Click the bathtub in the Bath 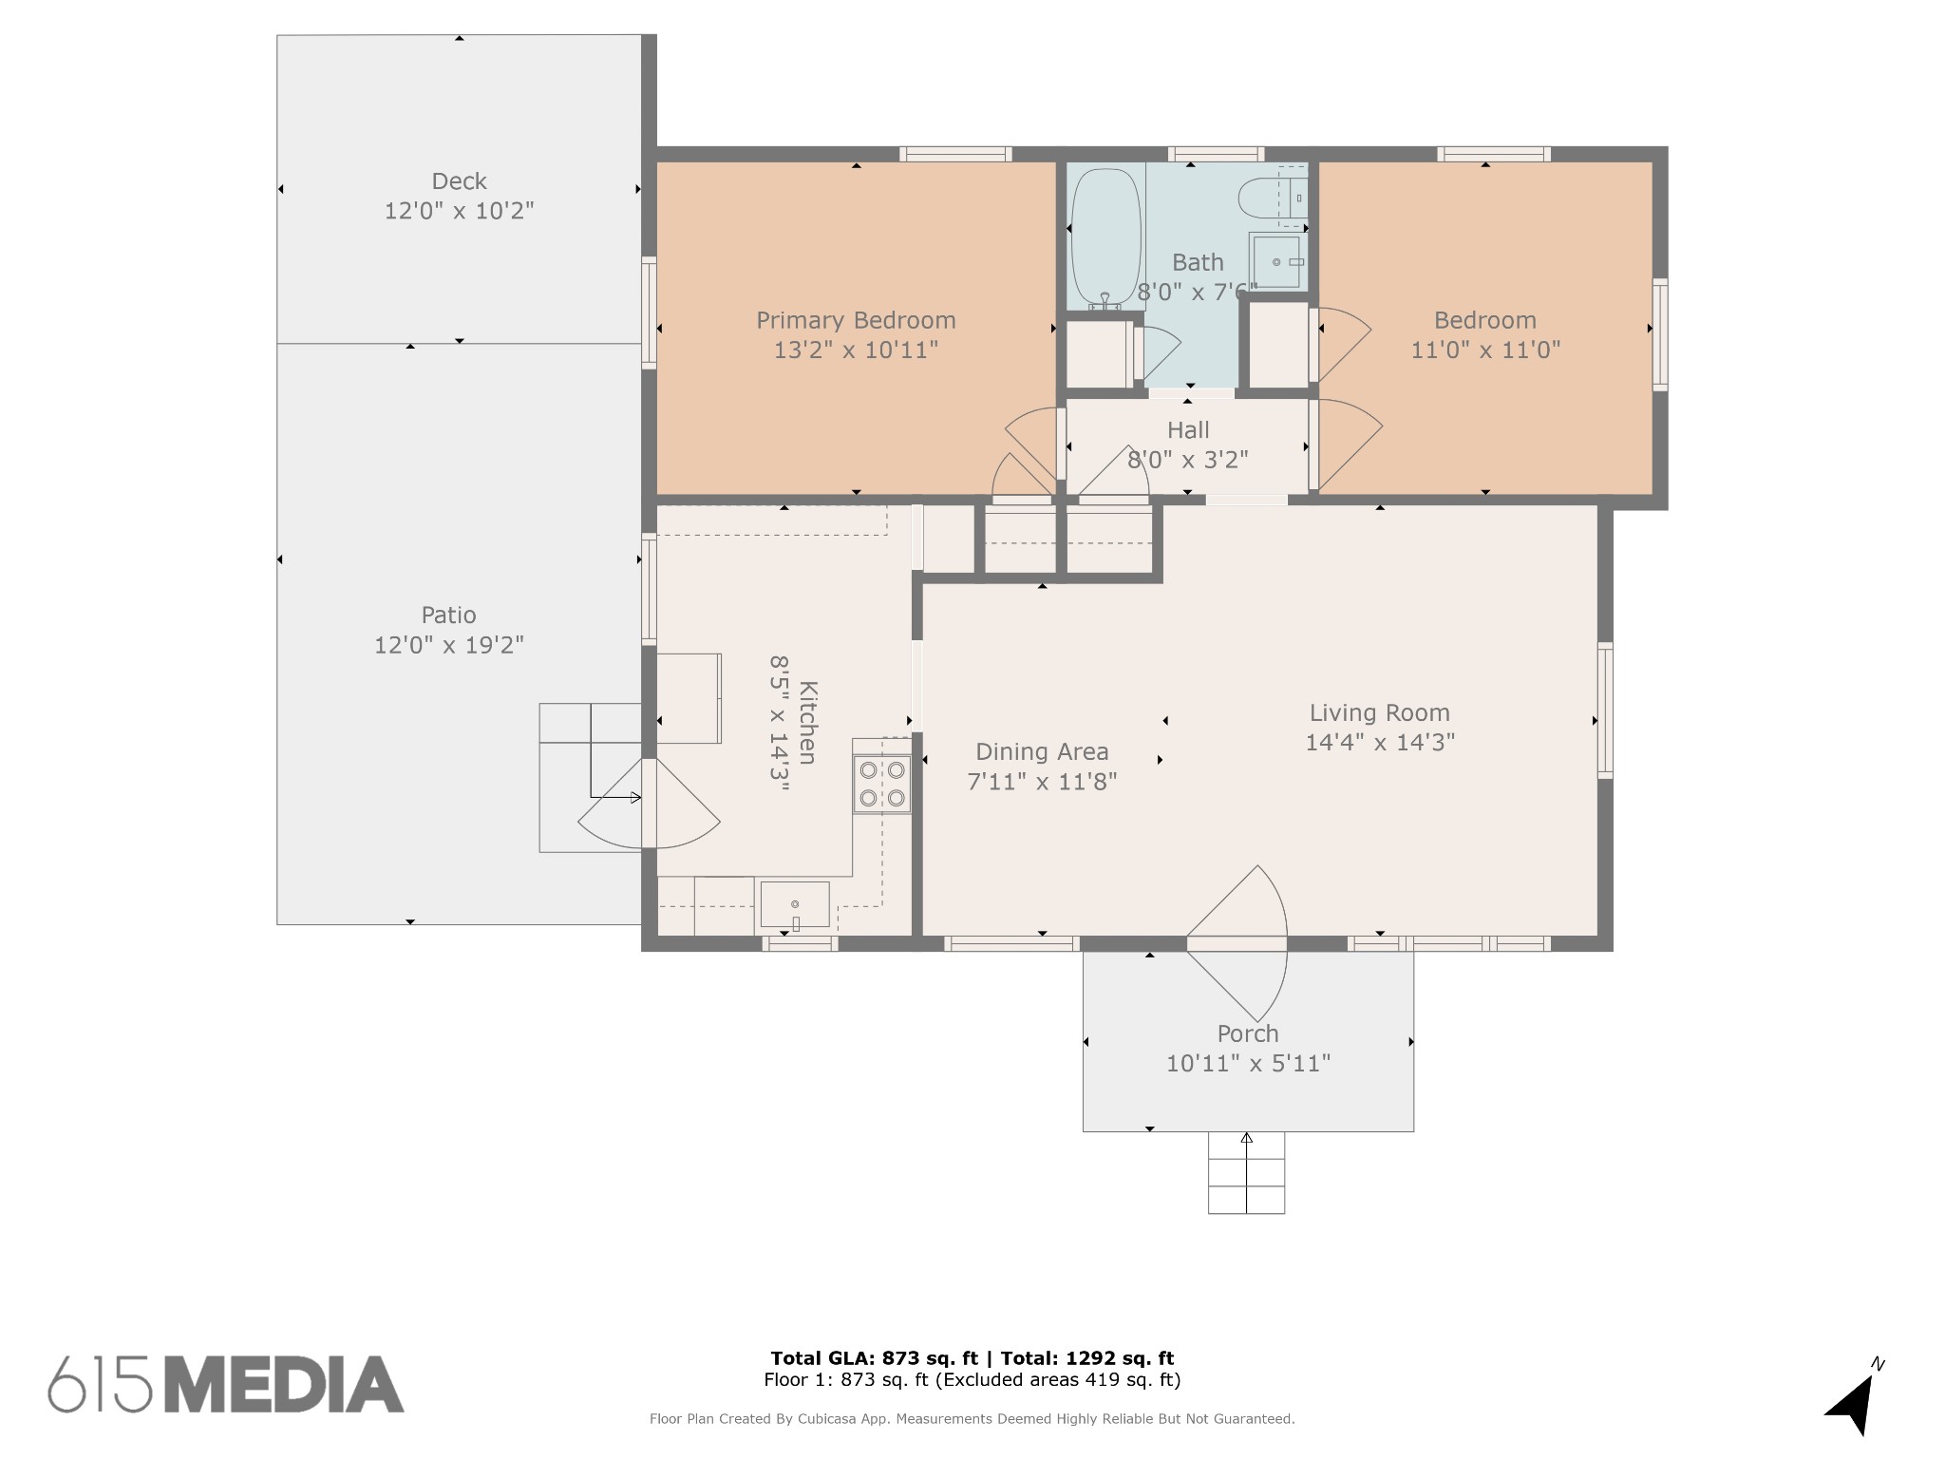(x=1105, y=237)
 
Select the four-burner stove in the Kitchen (x=881, y=784)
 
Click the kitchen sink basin (x=795, y=905)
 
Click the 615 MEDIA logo (x=226, y=1384)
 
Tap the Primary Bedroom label (x=856, y=320)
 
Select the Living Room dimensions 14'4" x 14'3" (x=1380, y=742)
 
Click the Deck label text (x=460, y=180)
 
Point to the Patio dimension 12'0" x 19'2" (x=449, y=645)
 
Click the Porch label (x=1248, y=1033)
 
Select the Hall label (x=1188, y=430)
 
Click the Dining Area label (x=1042, y=752)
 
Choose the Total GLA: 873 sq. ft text (x=874, y=1358)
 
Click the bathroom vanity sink (x=1277, y=261)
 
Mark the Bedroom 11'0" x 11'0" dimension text (x=1485, y=351)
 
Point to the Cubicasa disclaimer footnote (x=972, y=1419)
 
